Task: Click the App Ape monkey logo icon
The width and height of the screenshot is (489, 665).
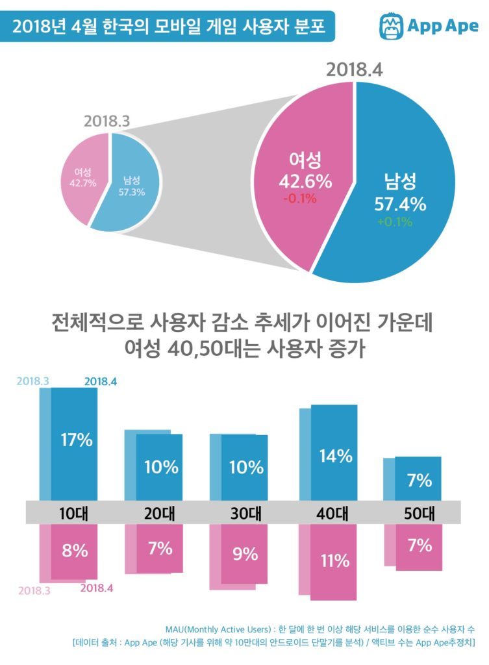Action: tap(391, 27)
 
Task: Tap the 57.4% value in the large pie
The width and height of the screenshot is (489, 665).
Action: tap(400, 204)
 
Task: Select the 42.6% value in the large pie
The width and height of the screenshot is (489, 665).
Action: tap(305, 181)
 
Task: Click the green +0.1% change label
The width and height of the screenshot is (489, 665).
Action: tap(394, 221)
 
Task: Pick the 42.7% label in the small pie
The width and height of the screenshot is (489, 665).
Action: tap(82, 182)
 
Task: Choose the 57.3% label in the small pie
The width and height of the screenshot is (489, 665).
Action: tap(131, 192)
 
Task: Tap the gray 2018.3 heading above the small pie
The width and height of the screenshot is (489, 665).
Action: tap(107, 121)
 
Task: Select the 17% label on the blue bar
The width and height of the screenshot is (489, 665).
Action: tap(77, 440)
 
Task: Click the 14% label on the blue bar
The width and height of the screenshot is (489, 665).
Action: tap(336, 455)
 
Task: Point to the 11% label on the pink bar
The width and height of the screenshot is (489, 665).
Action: tap(334, 560)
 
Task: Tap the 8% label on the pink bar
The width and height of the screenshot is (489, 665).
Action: tap(75, 551)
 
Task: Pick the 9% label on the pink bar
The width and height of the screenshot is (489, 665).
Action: tap(245, 554)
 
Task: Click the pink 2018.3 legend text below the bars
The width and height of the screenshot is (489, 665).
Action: tap(34, 590)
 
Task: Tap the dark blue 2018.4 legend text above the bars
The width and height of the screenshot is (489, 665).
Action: tap(101, 382)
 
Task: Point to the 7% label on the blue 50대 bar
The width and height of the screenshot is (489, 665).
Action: tap(420, 481)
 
